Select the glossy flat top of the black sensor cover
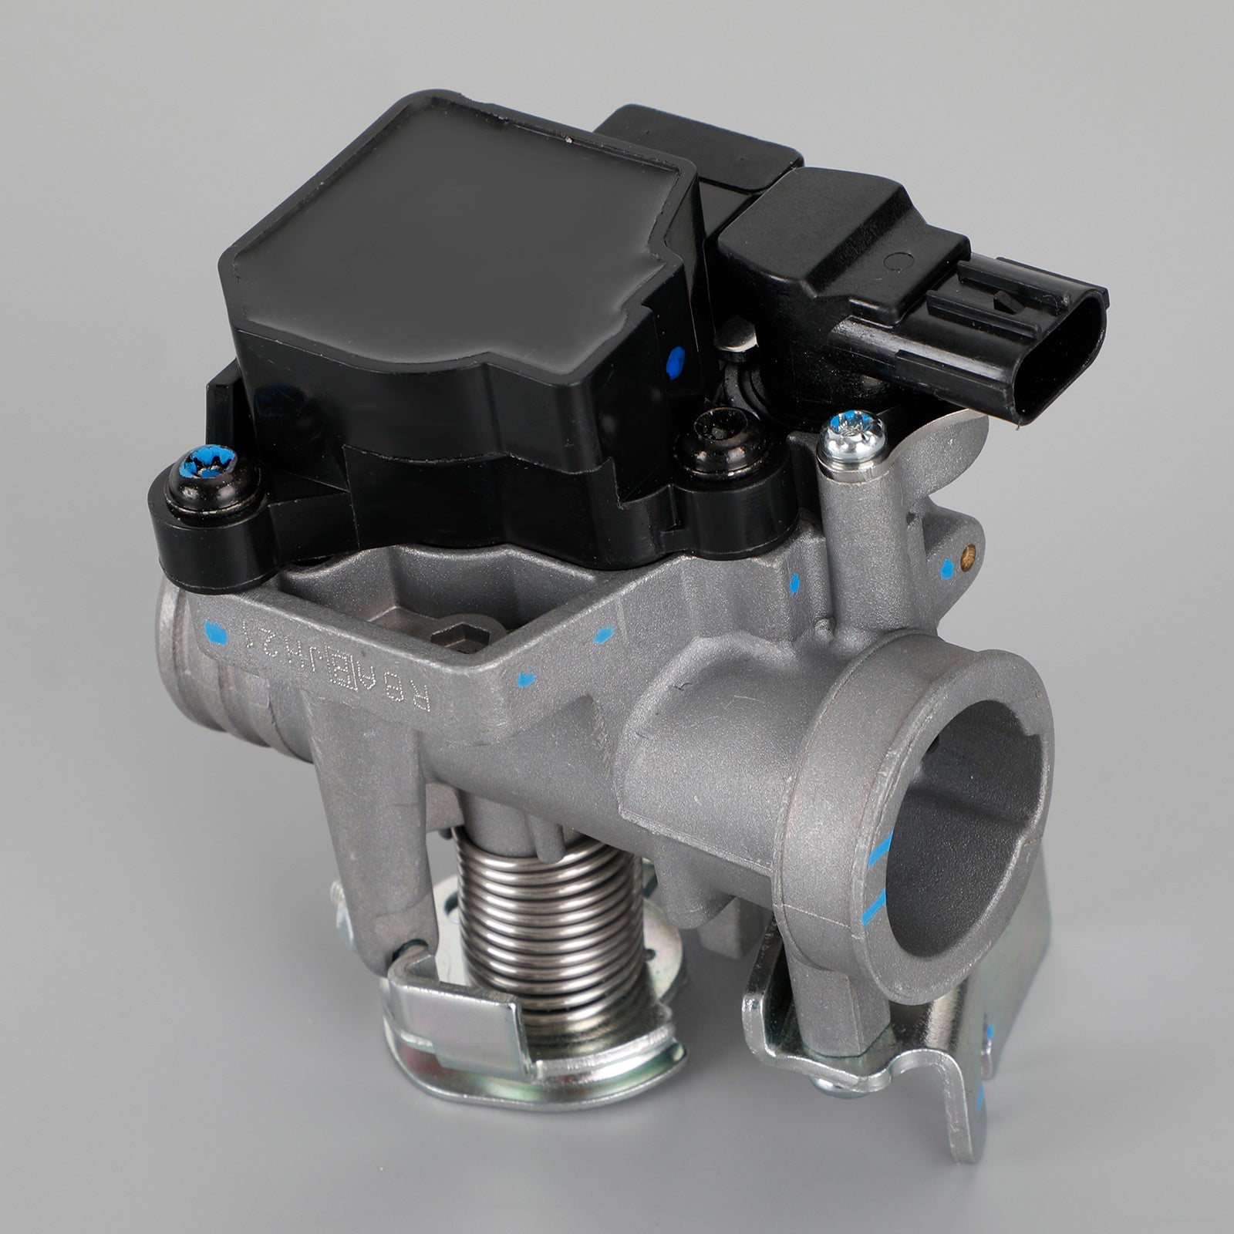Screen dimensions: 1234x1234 [x=455, y=208]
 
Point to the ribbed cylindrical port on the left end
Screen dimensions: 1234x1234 [x=208, y=679]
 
